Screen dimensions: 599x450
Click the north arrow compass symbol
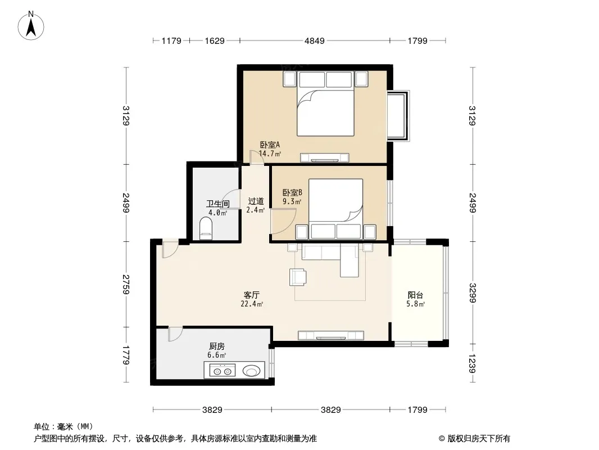tap(31, 26)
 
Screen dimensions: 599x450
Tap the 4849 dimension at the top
tap(315, 40)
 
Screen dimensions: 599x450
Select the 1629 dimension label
tap(214, 40)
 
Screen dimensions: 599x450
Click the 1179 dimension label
tap(171, 40)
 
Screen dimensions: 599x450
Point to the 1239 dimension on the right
tap(473, 363)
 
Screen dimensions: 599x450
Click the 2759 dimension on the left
tap(126, 284)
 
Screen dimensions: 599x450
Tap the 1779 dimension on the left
tap(126, 355)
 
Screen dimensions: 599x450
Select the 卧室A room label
tap(270, 145)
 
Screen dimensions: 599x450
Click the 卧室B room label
tap(292, 193)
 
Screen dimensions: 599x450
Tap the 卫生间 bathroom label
tap(218, 204)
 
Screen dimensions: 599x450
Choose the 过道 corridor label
tap(256, 201)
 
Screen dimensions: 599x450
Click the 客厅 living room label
tap(251, 295)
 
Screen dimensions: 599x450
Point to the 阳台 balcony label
tap(415, 295)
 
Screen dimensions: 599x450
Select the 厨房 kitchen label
tap(216, 346)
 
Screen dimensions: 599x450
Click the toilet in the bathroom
tap(206, 228)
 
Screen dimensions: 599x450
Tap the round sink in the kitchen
tap(251, 371)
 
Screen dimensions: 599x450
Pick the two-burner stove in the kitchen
tap(222, 371)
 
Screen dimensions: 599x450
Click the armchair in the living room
tap(298, 277)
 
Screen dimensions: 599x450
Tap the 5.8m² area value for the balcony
tap(415, 304)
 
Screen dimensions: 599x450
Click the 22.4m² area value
tap(251, 304)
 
